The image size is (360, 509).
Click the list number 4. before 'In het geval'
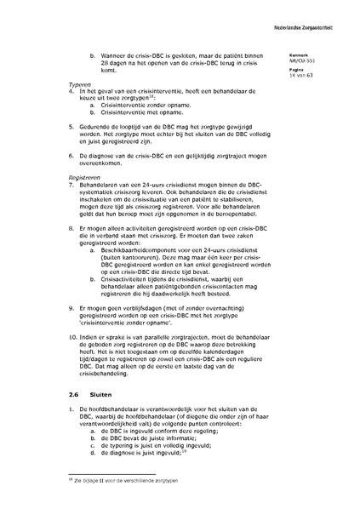[x=71, y=94]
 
